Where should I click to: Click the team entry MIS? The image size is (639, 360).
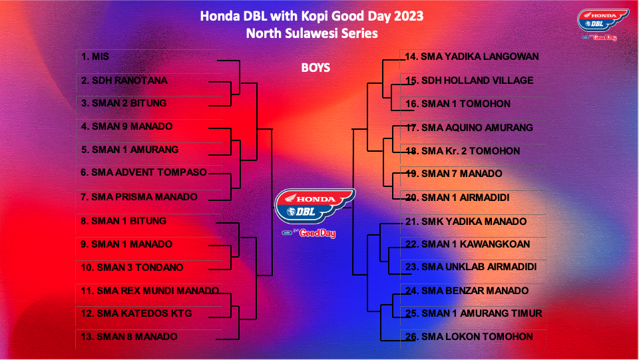click(x=95, y=57)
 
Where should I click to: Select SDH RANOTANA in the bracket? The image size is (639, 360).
click(x=124, y=81)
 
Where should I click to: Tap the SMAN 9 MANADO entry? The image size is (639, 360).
click(x=126, y=126)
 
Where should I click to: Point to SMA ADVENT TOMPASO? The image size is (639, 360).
click(x=144, y=172)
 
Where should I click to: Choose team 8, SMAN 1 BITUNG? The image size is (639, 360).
click(x=124, y=221)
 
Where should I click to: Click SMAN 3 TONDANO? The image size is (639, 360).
click(x=132, y=267)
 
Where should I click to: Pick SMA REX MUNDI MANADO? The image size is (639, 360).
click(x=150, y=290)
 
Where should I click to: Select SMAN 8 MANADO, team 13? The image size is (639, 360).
click(x=128, y=337)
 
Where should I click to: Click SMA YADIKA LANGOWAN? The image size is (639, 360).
click(x=472, y=57)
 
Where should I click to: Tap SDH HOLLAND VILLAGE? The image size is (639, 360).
click(x=469, y=81)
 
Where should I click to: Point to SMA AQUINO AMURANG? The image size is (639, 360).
click(x=469, y=128)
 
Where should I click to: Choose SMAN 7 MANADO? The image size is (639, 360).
click(x=453, y=174)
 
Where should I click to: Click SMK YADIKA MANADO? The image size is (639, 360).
click(x=466, y=221)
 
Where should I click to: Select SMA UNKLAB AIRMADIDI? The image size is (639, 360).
click(x=471, y=267)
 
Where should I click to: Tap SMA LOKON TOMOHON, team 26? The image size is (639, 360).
click(x=469, y=337)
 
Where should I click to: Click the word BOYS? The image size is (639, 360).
click(x=316, y=68)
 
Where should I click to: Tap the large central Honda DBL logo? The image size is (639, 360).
click(x=314, y=212)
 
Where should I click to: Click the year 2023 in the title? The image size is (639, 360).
click(x=408, y=16)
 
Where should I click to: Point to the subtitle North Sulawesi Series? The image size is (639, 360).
click(x=312, y=33)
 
